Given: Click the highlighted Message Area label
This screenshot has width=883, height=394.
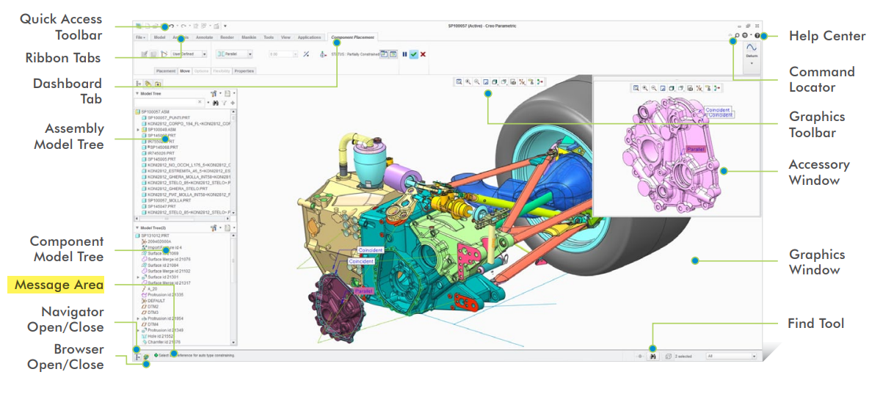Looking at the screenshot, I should [59, 285].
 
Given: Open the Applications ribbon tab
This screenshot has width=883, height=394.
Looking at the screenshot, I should [309, 37].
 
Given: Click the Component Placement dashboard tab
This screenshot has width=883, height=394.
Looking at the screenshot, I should [353, 37].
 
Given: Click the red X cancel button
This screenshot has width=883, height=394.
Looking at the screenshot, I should [424, 54].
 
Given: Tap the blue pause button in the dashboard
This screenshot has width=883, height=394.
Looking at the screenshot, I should [404, 54].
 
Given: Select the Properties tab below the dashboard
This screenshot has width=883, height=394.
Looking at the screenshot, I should [244, 71].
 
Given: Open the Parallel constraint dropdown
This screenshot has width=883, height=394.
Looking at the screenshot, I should [235, 54].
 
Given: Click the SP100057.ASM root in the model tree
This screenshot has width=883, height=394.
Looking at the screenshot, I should [155, 112].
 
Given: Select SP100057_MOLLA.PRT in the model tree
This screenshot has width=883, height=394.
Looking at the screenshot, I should [168, 200].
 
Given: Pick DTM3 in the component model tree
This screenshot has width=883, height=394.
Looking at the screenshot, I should [153, 312].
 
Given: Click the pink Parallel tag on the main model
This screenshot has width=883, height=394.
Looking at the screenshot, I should [363, 291].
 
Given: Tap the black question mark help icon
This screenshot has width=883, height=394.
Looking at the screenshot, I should [757, 35].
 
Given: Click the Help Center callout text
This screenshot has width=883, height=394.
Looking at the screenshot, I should [826, 36].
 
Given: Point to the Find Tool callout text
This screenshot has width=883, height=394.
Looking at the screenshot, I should [815, 324].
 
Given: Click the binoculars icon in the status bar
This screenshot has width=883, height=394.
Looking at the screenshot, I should [651, 357].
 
